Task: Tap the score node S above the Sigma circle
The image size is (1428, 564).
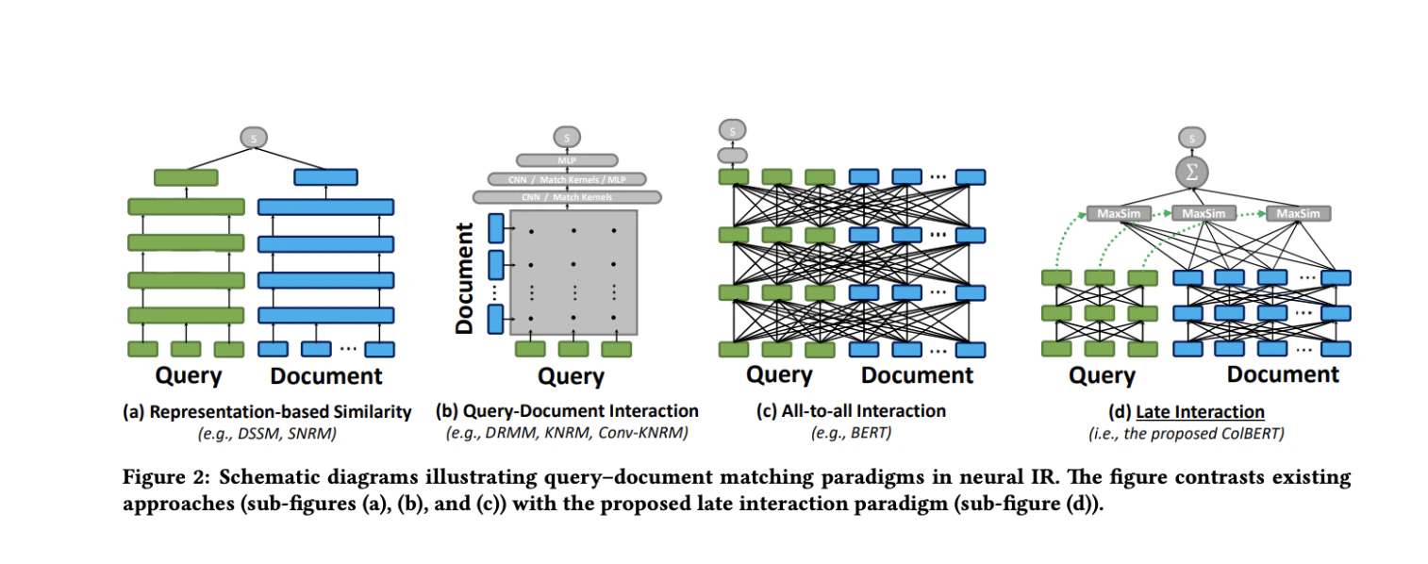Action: point(1192,139)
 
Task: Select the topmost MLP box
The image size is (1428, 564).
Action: point(566,160)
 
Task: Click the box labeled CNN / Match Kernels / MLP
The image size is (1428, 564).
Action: point(566,178)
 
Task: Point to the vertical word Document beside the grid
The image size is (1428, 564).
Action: point(464,278)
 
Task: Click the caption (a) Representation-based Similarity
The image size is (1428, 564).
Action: point(267,411)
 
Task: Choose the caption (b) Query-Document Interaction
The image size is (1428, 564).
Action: point(567,411)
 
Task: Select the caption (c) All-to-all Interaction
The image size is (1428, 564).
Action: point(851,411)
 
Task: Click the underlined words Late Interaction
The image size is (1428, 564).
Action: point(1200,411)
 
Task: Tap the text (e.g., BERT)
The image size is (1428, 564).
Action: point(851,433)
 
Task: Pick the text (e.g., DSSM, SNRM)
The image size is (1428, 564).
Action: point(267,433)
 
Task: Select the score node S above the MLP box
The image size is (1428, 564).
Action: point(566,138)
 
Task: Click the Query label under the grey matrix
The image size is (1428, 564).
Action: point(570,377)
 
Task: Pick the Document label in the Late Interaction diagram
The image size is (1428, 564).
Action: point(1282,374)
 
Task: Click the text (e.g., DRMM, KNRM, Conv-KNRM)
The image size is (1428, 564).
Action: point(567,433)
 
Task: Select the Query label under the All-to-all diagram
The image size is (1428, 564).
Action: point(779,374)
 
